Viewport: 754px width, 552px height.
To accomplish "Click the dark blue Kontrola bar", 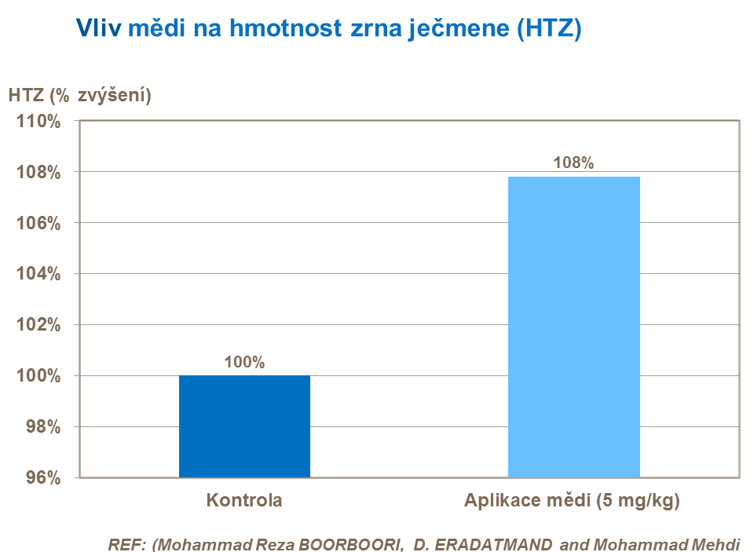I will pos(244,426).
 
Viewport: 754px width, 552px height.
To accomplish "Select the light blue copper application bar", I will pos(573,327).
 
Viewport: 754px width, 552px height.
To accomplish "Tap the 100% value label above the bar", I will pos(244,363).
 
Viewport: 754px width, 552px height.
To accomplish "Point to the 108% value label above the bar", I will pos(573,163).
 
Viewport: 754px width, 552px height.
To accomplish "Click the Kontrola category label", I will pos(244,500).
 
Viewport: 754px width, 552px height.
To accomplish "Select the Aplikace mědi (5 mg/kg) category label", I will pos(573,500).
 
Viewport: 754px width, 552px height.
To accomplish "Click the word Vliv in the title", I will pos(99,29).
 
